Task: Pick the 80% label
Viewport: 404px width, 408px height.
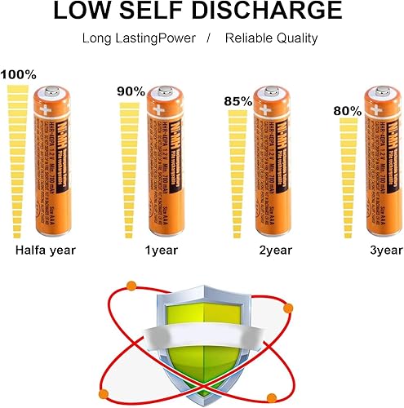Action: (348, 110)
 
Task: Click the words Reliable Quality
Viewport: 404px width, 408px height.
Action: (272, 39)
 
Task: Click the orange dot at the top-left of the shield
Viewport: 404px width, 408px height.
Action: (131, 285)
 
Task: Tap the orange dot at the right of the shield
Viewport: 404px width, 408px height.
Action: (286, 308)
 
